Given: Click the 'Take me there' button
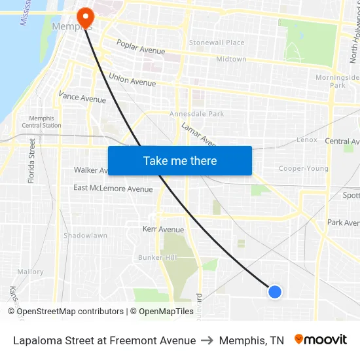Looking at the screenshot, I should [180, 160].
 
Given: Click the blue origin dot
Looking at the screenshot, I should [275, 292].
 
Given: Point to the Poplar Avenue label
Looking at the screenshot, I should [141, 48].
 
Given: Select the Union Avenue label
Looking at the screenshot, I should [132, 79].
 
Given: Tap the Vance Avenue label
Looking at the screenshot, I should [82, 98].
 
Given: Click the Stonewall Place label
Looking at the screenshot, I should [217, 43].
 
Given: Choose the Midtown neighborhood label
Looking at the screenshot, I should [231, 59].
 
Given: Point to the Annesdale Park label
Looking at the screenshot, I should [196, 114].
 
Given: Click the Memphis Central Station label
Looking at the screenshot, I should [42, 122].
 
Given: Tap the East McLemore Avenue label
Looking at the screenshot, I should [113, 189].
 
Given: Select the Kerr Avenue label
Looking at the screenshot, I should [163, 229].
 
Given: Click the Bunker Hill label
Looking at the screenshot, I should [157, 257].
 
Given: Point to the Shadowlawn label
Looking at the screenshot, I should [85, 235].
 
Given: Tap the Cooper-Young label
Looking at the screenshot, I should [304, 168].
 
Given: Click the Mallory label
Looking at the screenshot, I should [30, 272].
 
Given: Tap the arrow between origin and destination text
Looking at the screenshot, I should [207, 340].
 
